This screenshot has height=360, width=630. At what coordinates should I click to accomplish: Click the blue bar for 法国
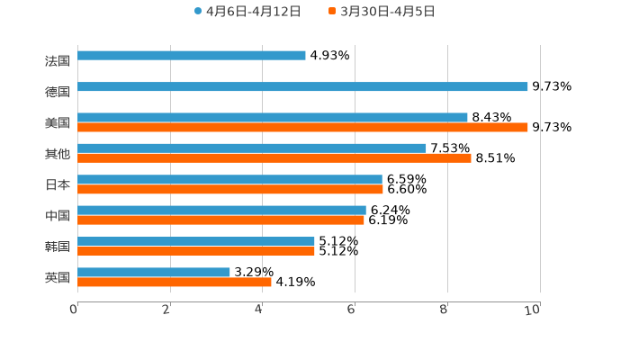pos(192,55)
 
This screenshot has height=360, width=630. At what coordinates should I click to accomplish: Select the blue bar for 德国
pos(302,86)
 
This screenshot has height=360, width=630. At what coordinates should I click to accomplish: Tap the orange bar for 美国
pos(302,128)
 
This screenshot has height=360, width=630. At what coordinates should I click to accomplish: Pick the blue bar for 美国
pos(273,117)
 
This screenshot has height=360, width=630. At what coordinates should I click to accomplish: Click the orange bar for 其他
pos(274,158)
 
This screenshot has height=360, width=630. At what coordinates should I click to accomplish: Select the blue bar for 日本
pos(229,179)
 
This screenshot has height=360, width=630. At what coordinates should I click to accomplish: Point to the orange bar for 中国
pos(220,220)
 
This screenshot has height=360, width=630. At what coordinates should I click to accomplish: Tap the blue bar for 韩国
pos(196,241)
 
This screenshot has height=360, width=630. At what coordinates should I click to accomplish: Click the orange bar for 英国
pos(175,283)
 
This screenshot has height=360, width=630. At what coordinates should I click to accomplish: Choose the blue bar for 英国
pos(154,272)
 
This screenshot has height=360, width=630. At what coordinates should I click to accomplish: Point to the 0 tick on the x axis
pos(74,310)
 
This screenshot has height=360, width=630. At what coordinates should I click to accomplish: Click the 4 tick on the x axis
pos(259,310)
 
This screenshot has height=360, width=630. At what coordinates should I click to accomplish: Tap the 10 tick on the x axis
pos(533,310)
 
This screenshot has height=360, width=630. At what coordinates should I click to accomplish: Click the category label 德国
pos(58,92)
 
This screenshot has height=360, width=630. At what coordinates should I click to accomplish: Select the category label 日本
pos(58,184)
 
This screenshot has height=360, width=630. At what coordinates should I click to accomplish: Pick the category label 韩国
pos(58,247)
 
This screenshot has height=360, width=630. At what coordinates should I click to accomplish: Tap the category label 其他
pos(58,154)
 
